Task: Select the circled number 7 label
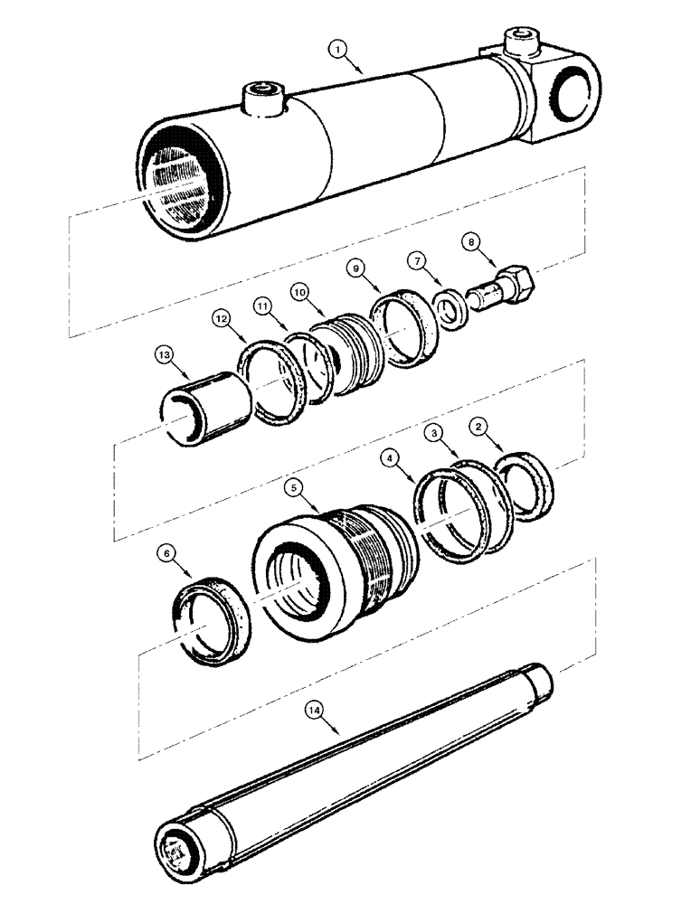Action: [418, 262]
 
